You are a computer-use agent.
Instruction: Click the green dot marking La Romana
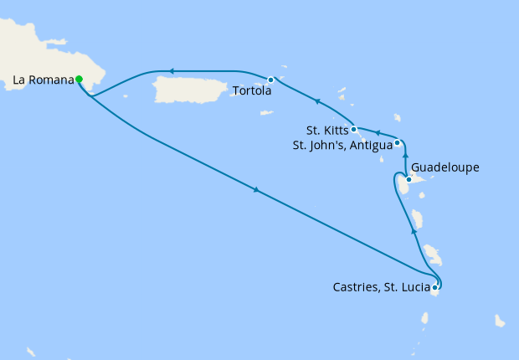(x=79, y=80)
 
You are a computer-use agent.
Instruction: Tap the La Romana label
(x=41, y=80)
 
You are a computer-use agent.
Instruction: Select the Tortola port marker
(x=270, y=80)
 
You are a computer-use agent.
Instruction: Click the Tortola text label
(x=252, y=91)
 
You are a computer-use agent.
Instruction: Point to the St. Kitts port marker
(x=354, y=129)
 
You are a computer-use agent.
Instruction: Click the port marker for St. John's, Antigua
(x=398, y=142)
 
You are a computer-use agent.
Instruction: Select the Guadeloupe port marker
(x=409, y=179)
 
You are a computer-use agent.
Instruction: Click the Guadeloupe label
(x=445, y=167)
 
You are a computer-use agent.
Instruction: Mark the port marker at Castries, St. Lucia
(x=434, y=287)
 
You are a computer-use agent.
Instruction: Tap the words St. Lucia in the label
(x=405, y=289)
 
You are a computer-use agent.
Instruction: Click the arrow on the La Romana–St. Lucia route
(x=256, y=192)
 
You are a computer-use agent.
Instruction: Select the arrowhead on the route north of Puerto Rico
(x=171, y=71)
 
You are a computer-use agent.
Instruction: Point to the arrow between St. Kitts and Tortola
(x=316, y=101)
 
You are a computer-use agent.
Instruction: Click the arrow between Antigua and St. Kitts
(x=377, y=132)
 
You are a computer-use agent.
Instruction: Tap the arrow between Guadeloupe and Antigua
(x=405, y=156)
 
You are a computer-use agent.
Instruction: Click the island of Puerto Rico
(x=193, y=87)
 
